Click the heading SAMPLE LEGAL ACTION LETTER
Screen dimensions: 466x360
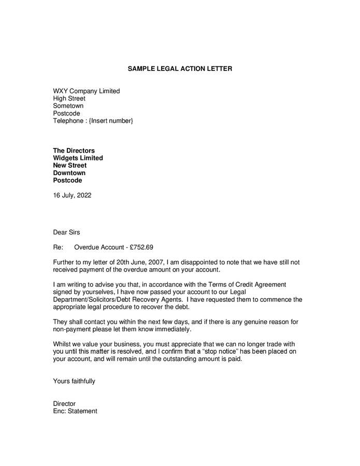(x=180, y=68)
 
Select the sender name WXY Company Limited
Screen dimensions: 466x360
(x=86, y=91)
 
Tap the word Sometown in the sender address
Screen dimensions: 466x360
(x=68, y=106)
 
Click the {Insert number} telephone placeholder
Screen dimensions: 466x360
(x=111, y=121)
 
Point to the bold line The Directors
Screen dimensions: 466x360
(x=74, y=151)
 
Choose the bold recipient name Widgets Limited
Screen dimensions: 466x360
(x=78, y=158)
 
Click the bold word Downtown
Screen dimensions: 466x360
(x=69, y=173)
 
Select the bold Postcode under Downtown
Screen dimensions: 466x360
(x=67, y=181)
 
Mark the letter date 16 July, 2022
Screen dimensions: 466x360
(x=72, y=196)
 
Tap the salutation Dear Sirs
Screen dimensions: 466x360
(x=66, y=232)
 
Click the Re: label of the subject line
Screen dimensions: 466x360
(x=58, y=247)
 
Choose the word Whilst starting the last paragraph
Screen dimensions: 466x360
(x=63, y=344)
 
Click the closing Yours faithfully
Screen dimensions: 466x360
(x=74, y=381)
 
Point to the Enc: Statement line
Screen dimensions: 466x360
(x=75, y=411)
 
